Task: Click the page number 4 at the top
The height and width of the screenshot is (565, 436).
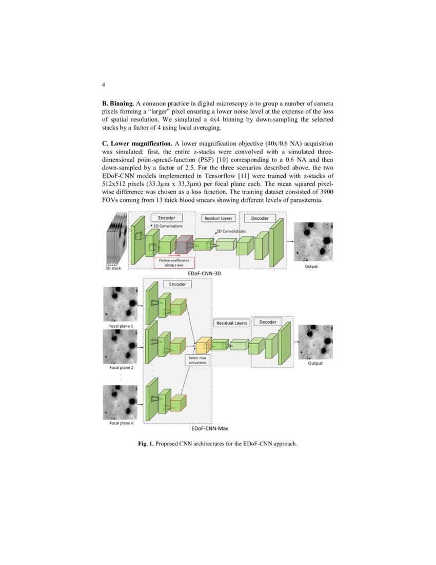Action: [x=104, y=84]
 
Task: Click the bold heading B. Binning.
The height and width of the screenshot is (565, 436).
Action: [x=118, y=104]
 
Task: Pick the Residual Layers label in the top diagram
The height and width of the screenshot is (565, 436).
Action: [x=219, y=218]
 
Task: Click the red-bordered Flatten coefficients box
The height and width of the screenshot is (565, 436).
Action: [x=174, y=262]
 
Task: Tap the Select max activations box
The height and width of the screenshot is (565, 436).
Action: [x=197, y=360]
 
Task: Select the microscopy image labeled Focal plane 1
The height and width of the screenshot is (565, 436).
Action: [x=121, y=304]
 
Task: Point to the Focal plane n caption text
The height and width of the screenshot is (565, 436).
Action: [x=121, y=423]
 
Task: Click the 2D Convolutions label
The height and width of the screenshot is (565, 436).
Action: [x=231, y=231]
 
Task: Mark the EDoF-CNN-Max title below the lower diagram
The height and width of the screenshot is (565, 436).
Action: [x=209, y=428]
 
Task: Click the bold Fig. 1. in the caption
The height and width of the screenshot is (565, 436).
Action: [x=146, y=443]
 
